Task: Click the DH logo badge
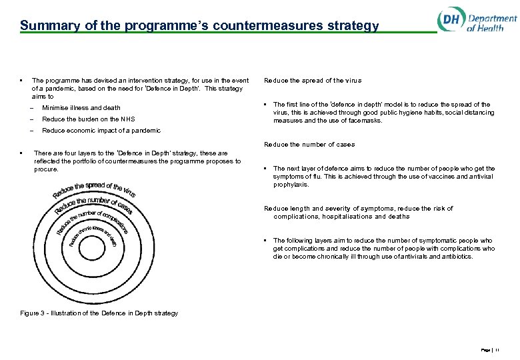[451, 20]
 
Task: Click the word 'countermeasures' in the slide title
[267, 26]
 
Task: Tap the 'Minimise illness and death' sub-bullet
[81, 107]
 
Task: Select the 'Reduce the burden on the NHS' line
[88, 119]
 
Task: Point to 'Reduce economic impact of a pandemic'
[101, 131]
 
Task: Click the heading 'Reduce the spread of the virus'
[313, 81]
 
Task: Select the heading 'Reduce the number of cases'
[309, 145]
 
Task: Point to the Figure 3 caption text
[99, 313]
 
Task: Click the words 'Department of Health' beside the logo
[491, 23]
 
